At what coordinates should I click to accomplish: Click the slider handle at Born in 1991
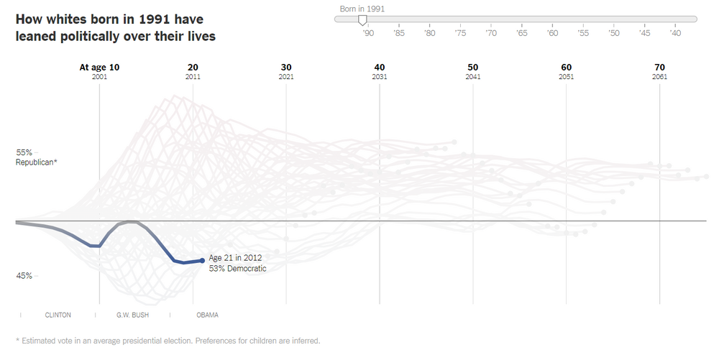click(x=363, y=20)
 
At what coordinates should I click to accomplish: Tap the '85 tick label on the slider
click(x=398, y=33)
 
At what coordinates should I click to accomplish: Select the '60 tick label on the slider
click(x=552, y=33)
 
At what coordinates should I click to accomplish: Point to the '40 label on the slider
click(x=675, y=33)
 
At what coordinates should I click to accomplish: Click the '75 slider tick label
click(x=460, y=33)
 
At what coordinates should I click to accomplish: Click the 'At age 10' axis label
click(x=99, y=67)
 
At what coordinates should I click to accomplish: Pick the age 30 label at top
click(x=286, y=67)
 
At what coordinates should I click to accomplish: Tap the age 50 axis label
click(x=472, y=67)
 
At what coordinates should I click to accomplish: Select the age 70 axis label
click(x=659, y=67)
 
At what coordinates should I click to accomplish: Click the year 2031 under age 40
click(x=380, y=76)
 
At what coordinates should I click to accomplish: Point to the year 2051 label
click(x=566, y=76)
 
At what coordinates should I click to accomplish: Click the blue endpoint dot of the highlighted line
click(x=202, y=261)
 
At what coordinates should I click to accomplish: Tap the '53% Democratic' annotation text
click(x=237, y=269)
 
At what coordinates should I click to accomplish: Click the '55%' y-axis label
click(x=24, y=152)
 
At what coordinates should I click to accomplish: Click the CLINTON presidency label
click(x=58, y=315)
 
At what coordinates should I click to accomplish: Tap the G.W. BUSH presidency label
click(x=132, y=315)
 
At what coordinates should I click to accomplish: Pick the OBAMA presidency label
click(x=207, y=315)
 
